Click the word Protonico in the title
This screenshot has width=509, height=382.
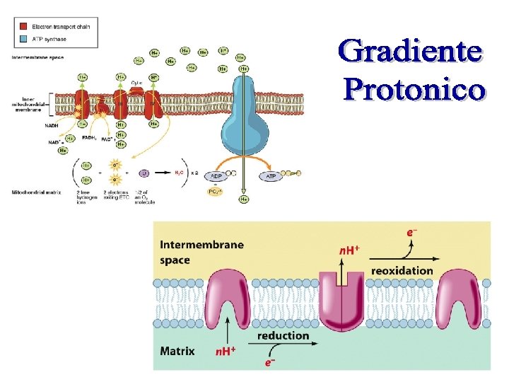pos(414,90)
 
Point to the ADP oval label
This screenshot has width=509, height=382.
pos(216,175)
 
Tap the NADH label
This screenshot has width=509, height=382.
pos(53,125)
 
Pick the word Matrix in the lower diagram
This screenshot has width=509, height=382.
pos(177,350)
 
